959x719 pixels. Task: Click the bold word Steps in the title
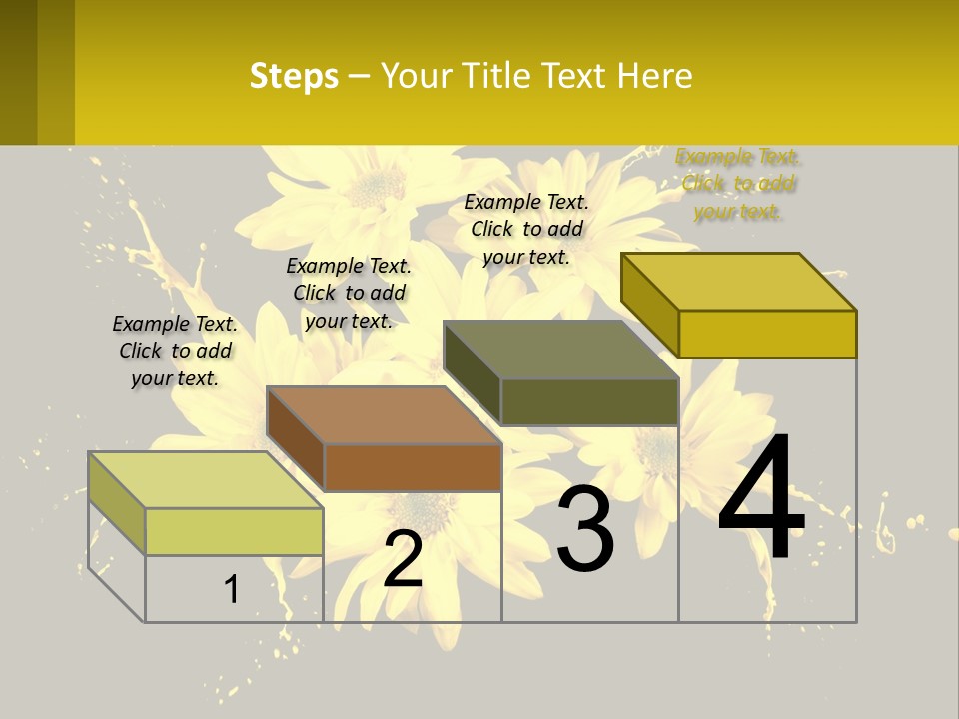click(x=294, y=76)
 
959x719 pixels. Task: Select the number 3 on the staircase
click(x=585, y=529)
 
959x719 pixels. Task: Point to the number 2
click(x=403, y=559)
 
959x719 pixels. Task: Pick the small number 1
click(x=232, y=589)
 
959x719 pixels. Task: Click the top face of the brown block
click(x=384, y=414)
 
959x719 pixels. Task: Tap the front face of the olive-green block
click(x=589, y=402)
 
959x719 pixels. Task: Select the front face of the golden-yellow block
click(x=767, y=334)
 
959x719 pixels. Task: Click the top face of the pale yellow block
click(x=206, y=480)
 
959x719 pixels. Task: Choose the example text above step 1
click(x=175, y=351)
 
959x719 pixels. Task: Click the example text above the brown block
click(x=349, y=293)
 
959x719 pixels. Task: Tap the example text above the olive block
click(x=526, y=229)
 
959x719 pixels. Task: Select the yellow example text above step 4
click(x=738, y=184)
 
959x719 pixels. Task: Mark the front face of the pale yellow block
click(x=234, y=531)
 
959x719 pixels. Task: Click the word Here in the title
click(x=655, y=76)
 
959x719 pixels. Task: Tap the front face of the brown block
click(x=413, y=467)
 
